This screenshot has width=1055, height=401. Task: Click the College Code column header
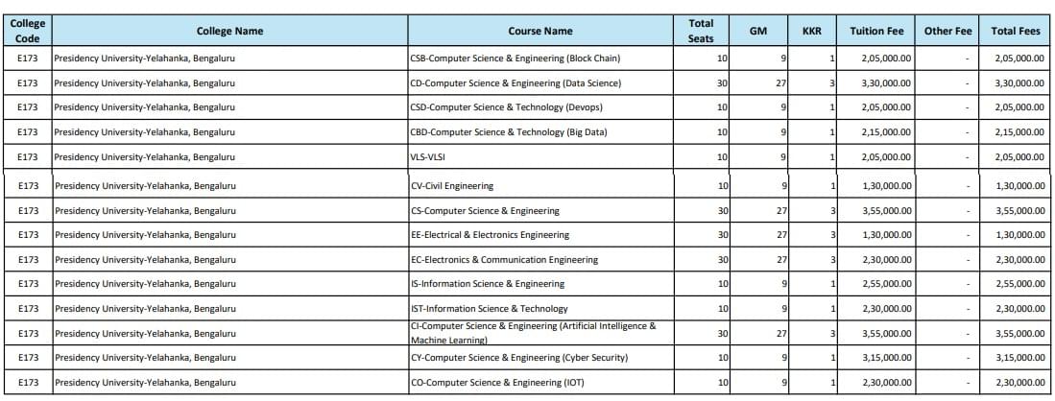28,31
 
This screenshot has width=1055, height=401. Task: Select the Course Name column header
539,31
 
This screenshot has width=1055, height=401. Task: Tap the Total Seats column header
701,31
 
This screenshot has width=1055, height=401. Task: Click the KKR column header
811,31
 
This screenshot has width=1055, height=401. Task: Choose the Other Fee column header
947,31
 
